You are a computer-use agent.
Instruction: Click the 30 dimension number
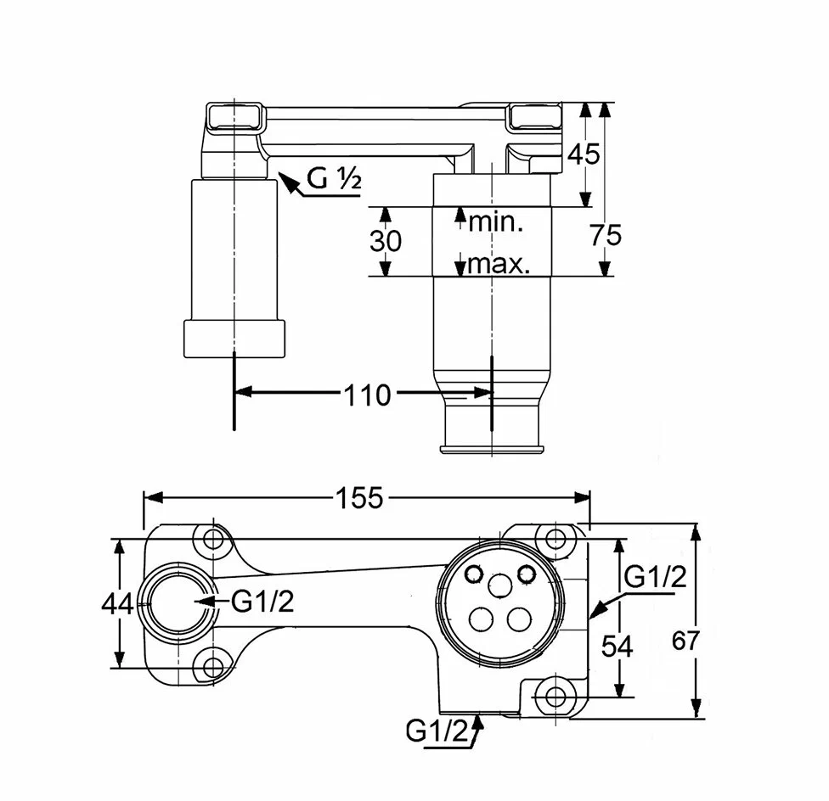click(386, 242)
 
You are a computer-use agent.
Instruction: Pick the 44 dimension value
click(116, 604)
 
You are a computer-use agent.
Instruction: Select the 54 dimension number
click(617, 647)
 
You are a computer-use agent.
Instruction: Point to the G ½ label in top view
click(335, 180)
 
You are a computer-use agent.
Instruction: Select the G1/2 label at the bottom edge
click(437, 731)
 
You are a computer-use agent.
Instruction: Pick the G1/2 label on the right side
click(655, 578)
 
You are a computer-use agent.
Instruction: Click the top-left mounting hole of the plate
click(211, 540)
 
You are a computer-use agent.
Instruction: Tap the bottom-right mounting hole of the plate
click(556, 697)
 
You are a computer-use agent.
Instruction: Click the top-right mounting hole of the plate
click(555, 539)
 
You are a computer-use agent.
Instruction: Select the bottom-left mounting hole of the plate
click(211, 664)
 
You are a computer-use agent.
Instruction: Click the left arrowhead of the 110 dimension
click(240, 392)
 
